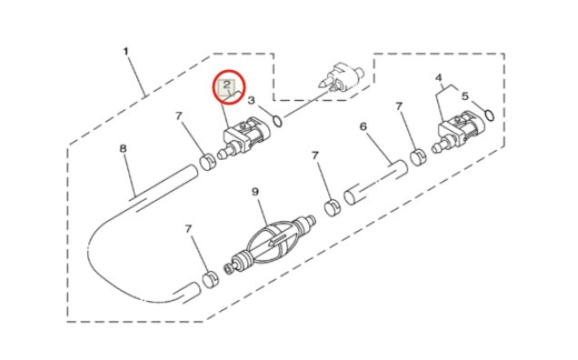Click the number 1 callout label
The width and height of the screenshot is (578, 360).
(125, 52)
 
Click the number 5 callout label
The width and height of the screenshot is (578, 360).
(464, 95)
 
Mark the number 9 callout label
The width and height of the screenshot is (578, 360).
(257, 192)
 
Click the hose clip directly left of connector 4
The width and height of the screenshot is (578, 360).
(419, 157)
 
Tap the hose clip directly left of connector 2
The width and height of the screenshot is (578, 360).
(207, 162)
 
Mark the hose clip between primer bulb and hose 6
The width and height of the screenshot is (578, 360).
(333, 208)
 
